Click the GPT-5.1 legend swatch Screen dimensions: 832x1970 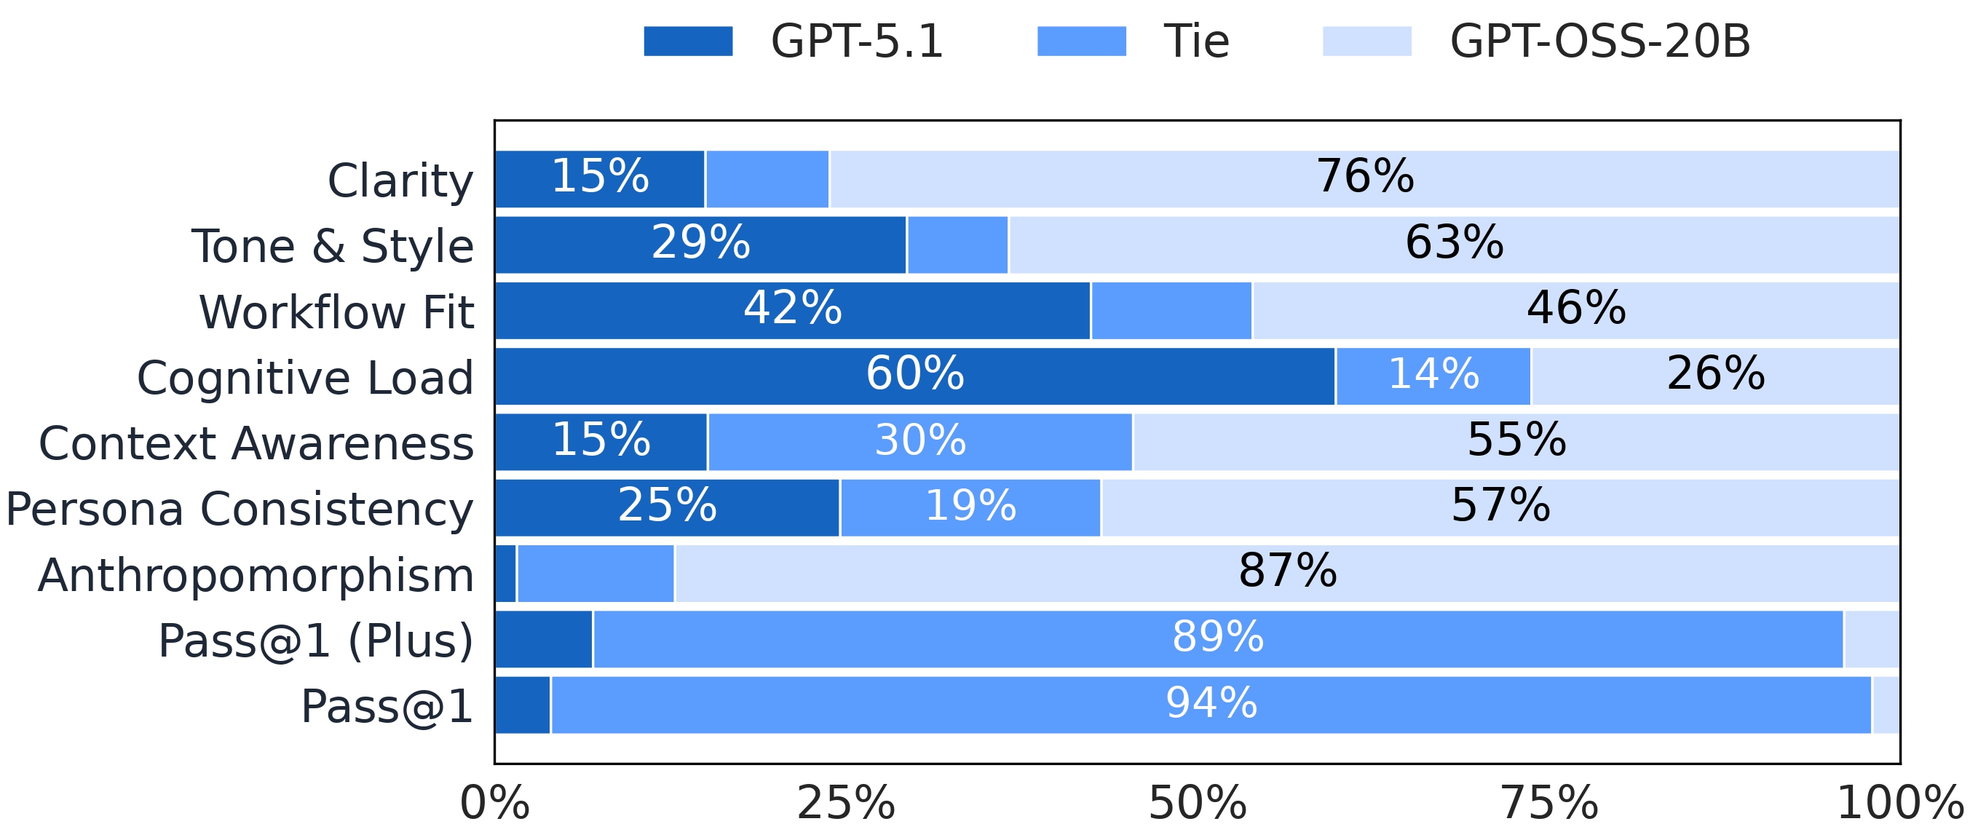click(x=687, y=41)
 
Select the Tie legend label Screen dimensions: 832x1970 click(x=1196, y=41)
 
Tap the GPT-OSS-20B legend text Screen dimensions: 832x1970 click(x=1600, y=41)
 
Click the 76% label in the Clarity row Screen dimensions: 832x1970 click(x=1364, y=177)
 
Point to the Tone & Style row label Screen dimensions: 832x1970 click(x=333, y=247)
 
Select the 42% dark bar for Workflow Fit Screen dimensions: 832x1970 click(x=792, y=309)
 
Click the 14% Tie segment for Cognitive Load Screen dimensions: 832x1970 click(x=1433, y=376)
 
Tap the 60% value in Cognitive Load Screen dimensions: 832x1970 click(x=914, y=374)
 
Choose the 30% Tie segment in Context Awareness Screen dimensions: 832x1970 click(x=920, y=441)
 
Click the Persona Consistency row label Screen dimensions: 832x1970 click(x=240, y=510)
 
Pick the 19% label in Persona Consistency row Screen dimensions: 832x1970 click(x=970, y=506)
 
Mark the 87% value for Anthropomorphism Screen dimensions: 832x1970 click(x=1287, y=572)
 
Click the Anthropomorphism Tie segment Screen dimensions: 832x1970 click(x=596, y=574)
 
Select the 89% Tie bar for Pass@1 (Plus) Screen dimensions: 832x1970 click(x=1217, y=638)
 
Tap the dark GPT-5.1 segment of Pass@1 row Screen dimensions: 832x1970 click(x=522, y=705)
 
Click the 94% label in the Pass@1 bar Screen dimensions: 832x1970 click(x=1211, y=704)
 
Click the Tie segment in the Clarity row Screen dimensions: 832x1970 click(x=767, y=179)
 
